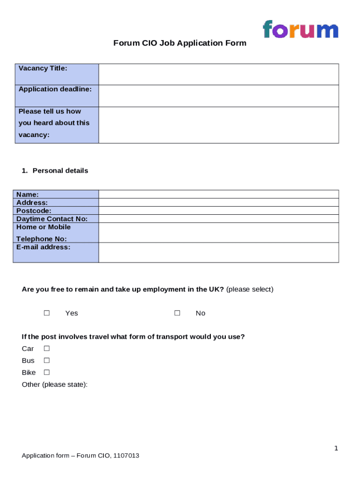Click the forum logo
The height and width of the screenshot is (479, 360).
click(300, 29)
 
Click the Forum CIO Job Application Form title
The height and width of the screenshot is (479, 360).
click(180, 43)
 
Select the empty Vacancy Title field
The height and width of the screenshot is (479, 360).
click(218, 74)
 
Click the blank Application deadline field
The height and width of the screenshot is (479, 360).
click(218, 96)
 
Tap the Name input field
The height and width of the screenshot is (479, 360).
click(218, 194)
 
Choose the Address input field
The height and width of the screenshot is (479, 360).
click(218, 203)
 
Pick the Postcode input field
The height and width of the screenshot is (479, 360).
click(218, 210)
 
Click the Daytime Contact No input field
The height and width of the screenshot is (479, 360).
click(218, 218)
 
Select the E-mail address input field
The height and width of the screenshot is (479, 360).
click(218, 252)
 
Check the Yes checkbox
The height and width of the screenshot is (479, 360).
click(47, 313)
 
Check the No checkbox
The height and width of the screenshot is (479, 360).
click(177, 313)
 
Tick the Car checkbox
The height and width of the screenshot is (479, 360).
click(47, 348)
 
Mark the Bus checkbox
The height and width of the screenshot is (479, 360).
click(47, 361)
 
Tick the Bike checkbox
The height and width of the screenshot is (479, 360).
click(47, 373)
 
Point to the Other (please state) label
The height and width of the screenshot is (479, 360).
click(55, 385)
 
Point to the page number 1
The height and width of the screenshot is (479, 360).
click(336, 449)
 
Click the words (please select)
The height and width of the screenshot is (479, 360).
click(250, 290)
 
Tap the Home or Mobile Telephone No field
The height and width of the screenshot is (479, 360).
click(218, 232)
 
